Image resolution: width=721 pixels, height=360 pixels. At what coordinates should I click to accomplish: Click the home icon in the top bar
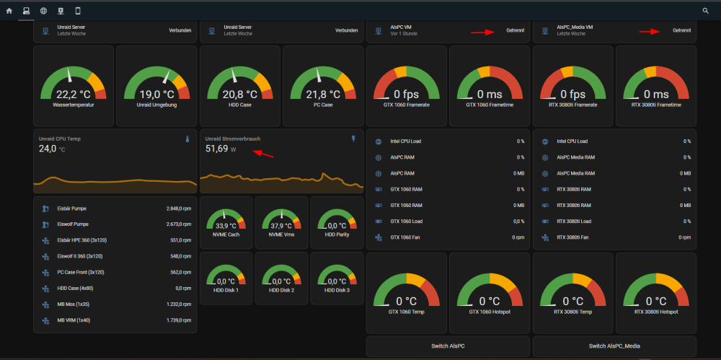[x=9, y=11]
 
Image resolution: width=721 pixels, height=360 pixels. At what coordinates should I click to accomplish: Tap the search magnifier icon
[x=705, y=11]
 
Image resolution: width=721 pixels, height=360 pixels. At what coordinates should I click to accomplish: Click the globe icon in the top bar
[x=43, y=11]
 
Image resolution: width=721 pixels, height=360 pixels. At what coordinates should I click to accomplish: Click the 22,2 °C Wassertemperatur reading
[x=73, y=95]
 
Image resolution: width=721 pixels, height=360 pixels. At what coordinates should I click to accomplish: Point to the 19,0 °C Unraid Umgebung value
[x=156, y=95]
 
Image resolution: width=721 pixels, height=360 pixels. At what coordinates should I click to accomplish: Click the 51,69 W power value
[x=221, y=149]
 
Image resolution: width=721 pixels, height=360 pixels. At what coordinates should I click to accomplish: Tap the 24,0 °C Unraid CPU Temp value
[x=51, y=149]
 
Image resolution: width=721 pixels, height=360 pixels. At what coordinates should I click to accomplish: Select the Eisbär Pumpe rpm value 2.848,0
[x=178, y=208]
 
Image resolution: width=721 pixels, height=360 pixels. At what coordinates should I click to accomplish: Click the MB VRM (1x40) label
[x=74, y=320]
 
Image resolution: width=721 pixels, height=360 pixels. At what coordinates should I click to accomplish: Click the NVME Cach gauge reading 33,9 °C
[x=226, y=226]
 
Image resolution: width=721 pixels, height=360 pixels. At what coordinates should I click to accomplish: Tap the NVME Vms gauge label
[x=281, y=234]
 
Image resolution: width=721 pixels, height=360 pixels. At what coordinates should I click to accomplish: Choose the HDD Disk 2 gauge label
[x=281, y=290]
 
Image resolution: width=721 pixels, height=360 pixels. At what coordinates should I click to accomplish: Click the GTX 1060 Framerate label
[x=407, y=105]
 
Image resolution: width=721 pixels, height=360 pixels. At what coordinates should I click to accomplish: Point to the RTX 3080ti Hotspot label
[x=656, y=312]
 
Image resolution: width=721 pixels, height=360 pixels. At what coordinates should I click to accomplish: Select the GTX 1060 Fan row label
[x=405, y=237]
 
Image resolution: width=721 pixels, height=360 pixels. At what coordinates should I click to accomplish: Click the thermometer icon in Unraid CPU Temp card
[x=187, y=139]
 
